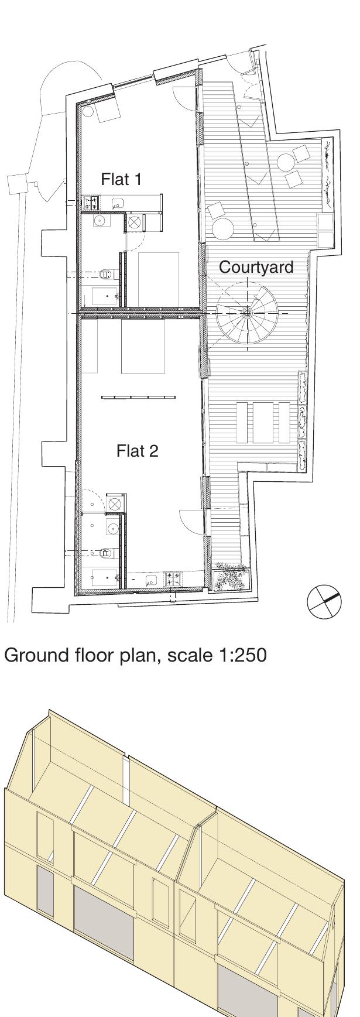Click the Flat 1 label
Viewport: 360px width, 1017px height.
coord(121,179)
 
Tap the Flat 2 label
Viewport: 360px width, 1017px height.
coord(138,451)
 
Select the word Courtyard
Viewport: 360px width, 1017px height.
coord(256,267)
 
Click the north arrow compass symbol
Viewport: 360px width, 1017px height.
coord(324,601)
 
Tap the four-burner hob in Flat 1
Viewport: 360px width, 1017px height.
coord(92,203)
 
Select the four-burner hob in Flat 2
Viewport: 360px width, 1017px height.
coord(174,579)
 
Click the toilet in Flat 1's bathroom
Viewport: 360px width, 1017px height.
coord(107,273)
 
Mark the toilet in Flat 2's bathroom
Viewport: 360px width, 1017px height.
coord(107,552)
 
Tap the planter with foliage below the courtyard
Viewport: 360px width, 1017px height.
coord(232,577)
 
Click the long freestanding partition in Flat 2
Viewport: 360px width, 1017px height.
coord(138,398)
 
